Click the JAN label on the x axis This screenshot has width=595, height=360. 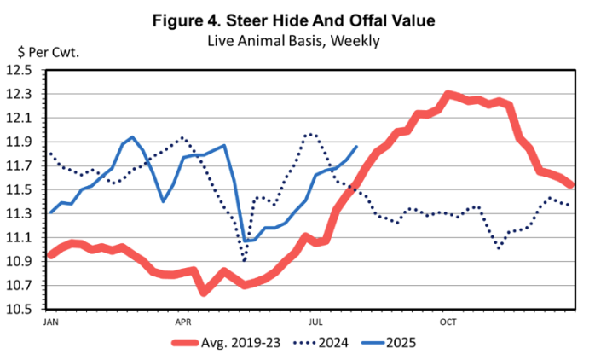[50, 322]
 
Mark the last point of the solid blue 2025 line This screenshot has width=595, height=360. [356, 147]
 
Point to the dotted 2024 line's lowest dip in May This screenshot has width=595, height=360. [245, 260]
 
